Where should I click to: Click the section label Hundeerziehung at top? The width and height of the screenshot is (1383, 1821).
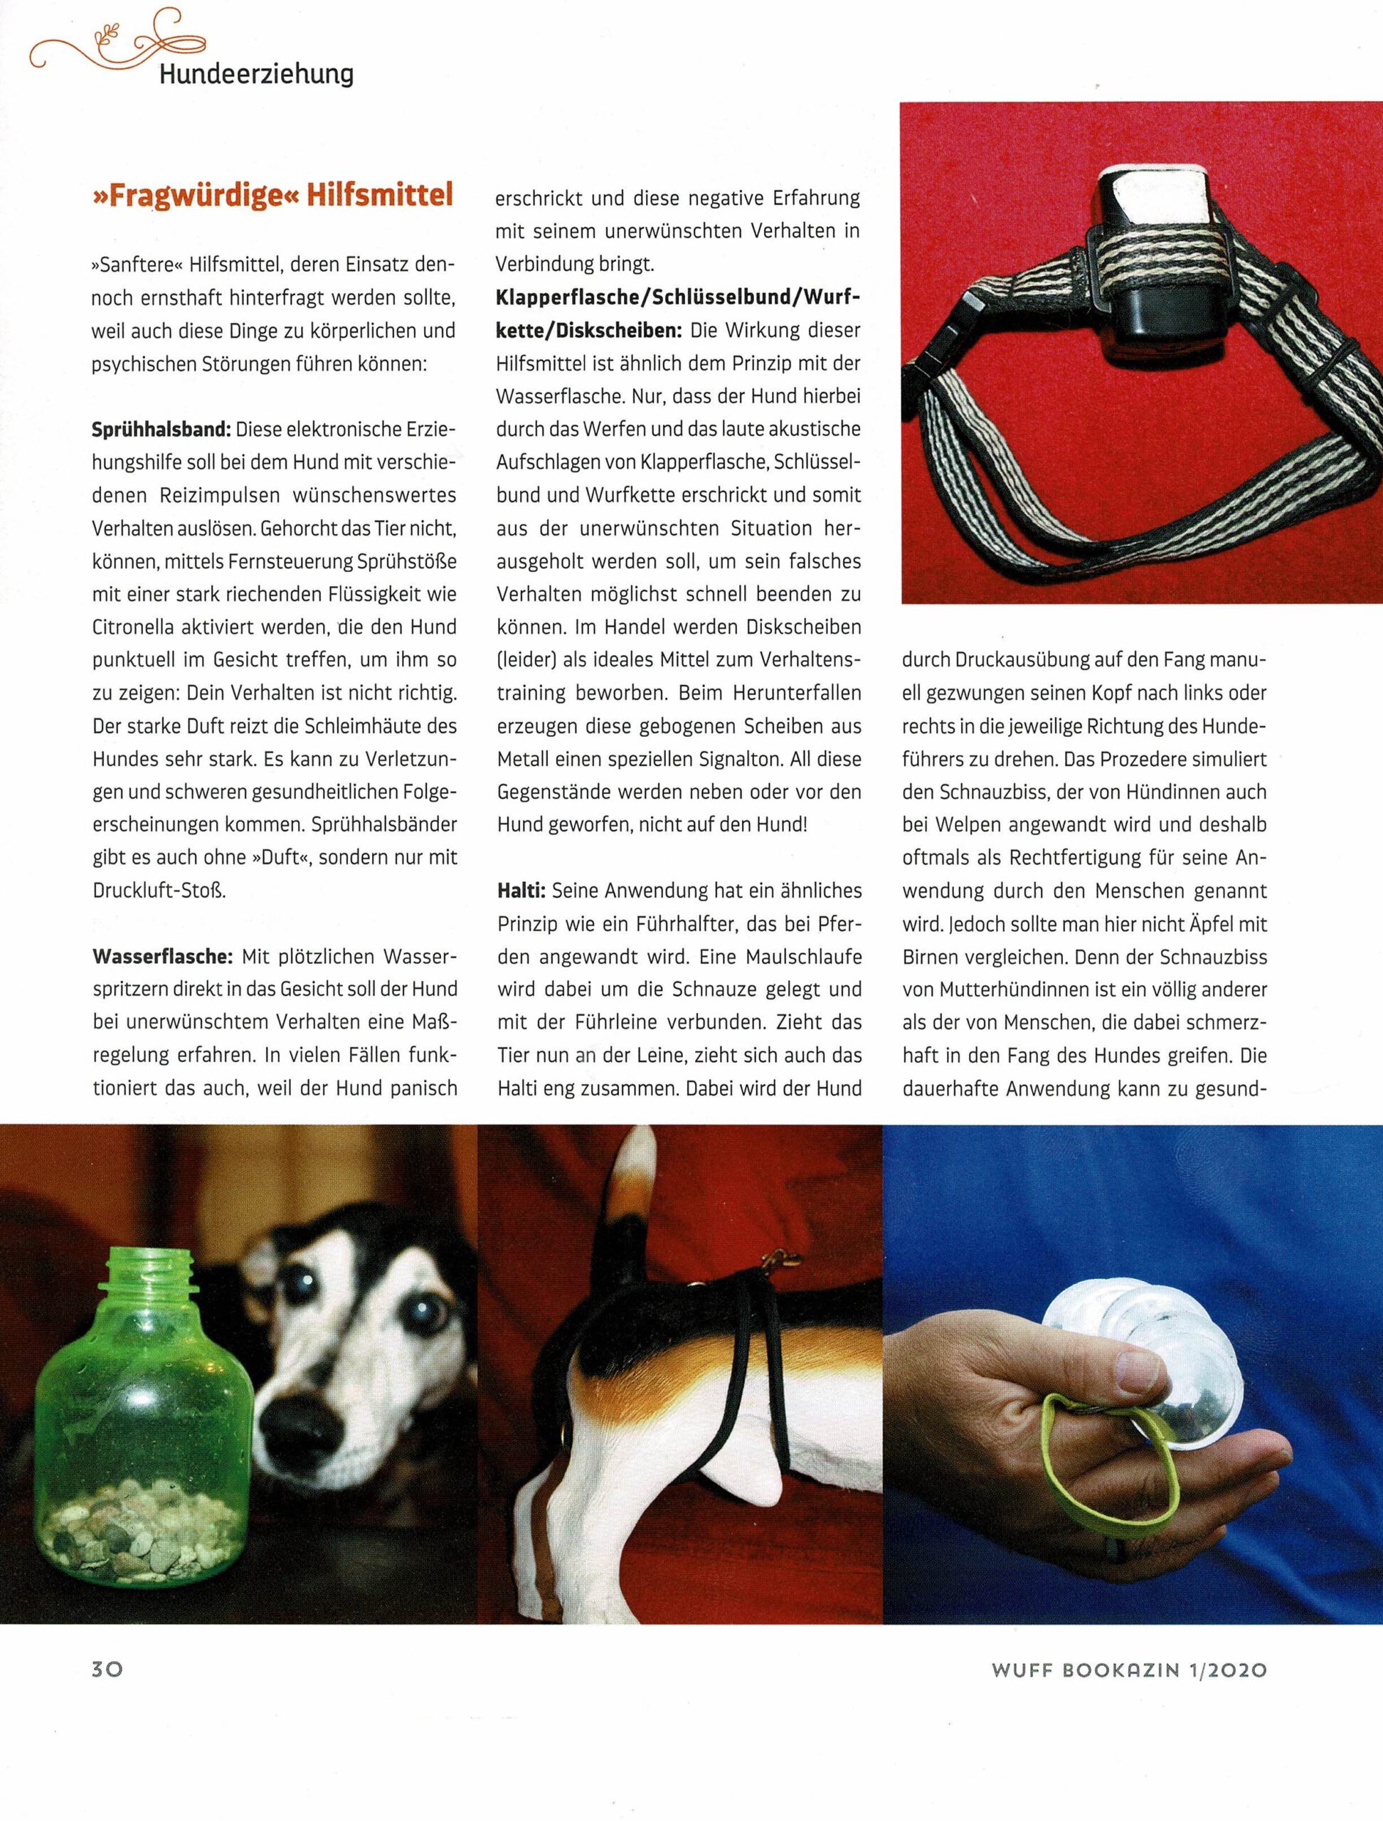pyautogui.click(x=256, y=75)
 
